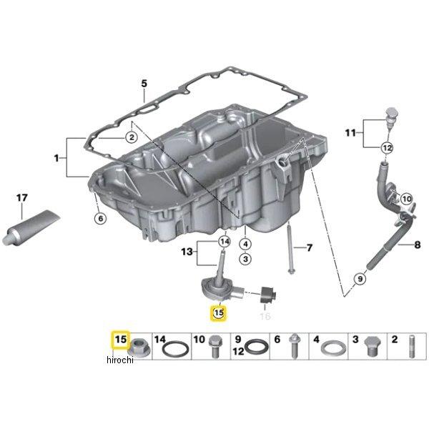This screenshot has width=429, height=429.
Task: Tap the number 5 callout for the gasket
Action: pyautogui.click(x=143, y=84)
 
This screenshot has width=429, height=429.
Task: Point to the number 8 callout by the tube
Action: pyautogui.click(x=418, y=245)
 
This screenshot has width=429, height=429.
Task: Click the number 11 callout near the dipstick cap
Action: pyautogui.click(x=350, y=132)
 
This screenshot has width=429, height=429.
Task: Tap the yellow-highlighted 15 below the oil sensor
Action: pyautogui.click(x=217, y=312)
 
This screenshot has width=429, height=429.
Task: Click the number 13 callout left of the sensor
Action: pyautogui.click(x=187, y=251)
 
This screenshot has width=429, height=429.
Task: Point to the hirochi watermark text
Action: pyautogui.click(x=121, y=360)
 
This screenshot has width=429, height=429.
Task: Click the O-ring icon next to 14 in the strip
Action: pyautogui.click(x=175, y=350)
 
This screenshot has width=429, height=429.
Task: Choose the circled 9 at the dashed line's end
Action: pyautogui.click(x=360, y=278)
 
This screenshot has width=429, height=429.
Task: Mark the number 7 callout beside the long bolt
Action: pyautogui.click(x=309, y=248)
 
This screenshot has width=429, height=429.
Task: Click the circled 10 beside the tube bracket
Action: pyautogui.click(x=406, y=199)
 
